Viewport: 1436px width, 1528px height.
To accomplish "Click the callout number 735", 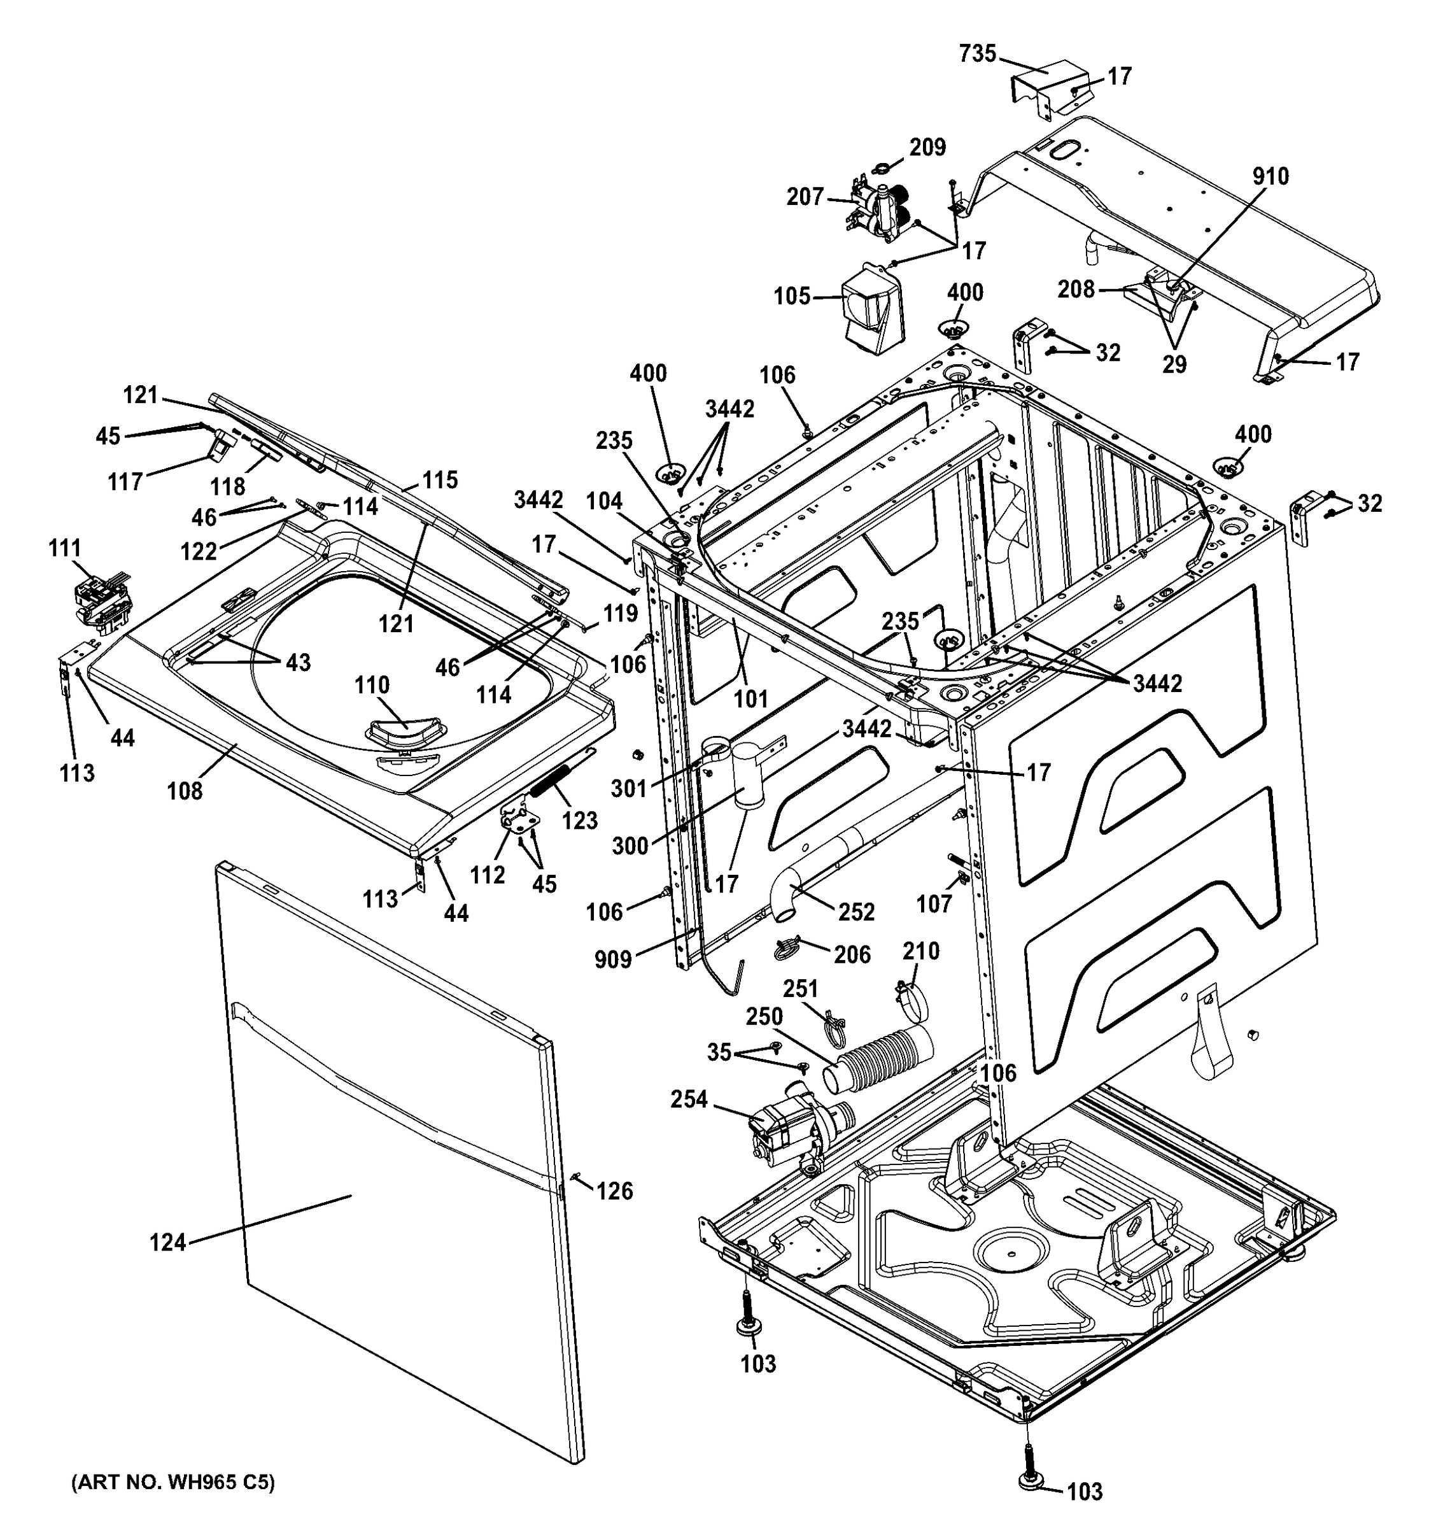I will coord(977,54).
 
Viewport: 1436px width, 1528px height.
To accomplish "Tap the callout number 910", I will coord(1270,176).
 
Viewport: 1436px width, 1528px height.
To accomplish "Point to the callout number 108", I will coord(185,790).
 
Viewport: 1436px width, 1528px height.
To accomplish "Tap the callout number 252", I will coord(856,912).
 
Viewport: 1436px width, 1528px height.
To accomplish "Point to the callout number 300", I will coord(630,846).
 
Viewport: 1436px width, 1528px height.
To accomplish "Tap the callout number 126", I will coord(615,1191).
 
